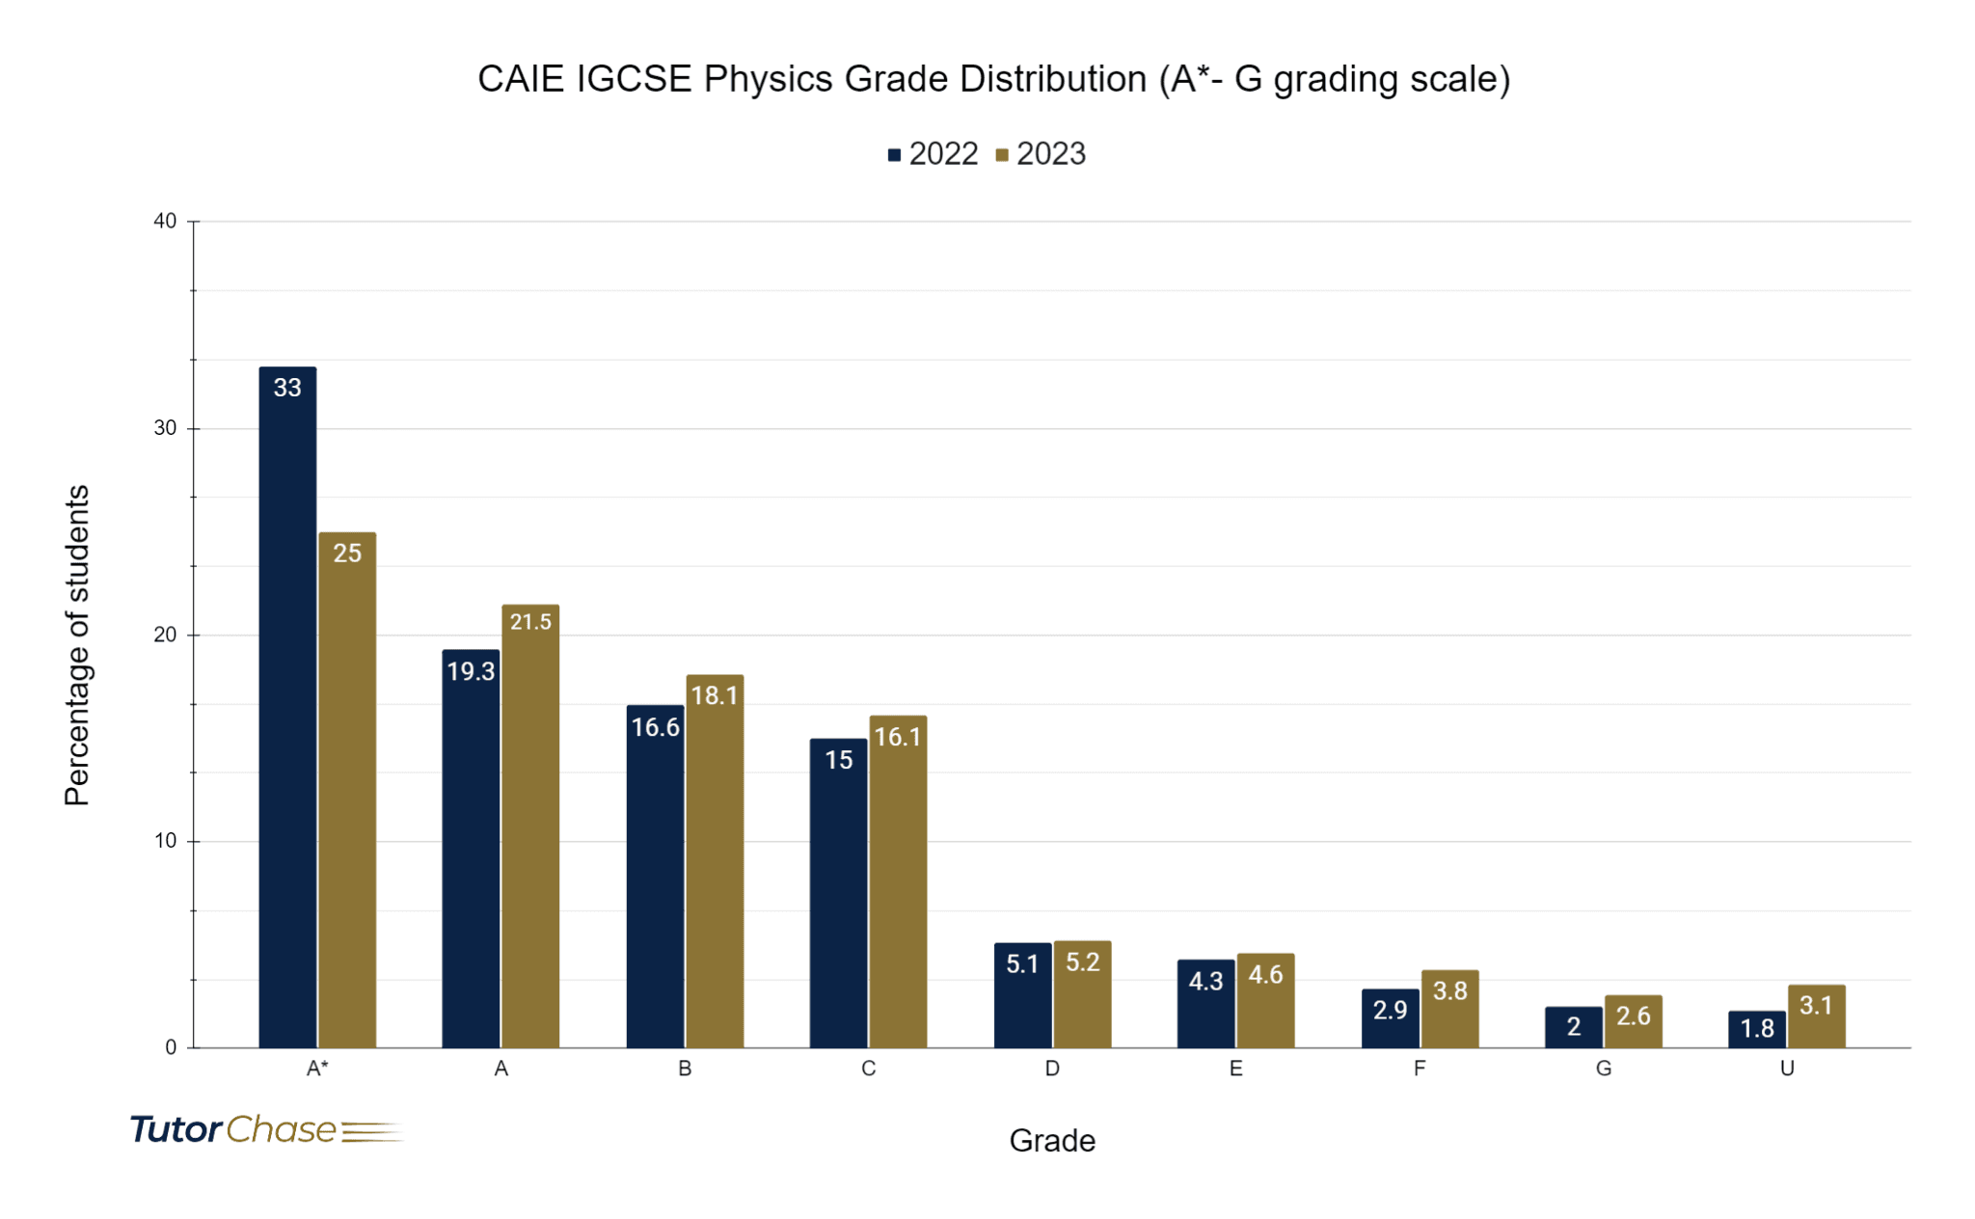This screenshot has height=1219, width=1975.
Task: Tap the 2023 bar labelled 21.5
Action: coord(530,829)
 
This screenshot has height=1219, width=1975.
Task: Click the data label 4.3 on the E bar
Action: coord(1205,982)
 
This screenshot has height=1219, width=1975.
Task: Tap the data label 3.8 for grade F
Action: coord(1449,991)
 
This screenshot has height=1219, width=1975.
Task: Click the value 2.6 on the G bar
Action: coord(1633,1016)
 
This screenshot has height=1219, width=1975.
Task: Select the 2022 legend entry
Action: coord(933,154)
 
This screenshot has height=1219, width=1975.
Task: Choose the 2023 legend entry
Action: coord(1041,154)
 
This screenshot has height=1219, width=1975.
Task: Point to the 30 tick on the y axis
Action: coord(165,428)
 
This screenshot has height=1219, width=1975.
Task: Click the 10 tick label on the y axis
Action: coord(165,841)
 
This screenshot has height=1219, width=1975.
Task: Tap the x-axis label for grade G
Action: coord(1603,1069)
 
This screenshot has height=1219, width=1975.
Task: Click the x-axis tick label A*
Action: coord(317,1069)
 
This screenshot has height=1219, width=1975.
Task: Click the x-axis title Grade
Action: coord(1051,1141)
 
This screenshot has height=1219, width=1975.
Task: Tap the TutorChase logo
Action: coord(265,1129)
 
